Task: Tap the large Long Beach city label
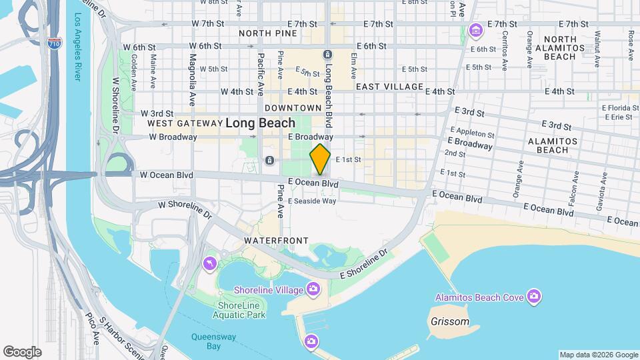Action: pos(260,123)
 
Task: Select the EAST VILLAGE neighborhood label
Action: pos(389,87)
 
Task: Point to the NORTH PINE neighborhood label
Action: pos(268,33)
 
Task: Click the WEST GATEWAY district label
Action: pos(183,123)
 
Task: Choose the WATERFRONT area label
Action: pos(276,240)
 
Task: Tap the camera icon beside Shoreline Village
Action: pos(313,289)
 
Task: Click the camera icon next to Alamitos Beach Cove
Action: pos(533,295)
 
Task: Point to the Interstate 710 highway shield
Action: pos(55,45)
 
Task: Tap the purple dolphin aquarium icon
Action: pos(210,265)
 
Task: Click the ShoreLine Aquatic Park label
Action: pos(241,310)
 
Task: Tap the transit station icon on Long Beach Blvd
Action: pos(327,55)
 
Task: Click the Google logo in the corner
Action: pos(21,351)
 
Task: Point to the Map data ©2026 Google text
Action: pos(598,355)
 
